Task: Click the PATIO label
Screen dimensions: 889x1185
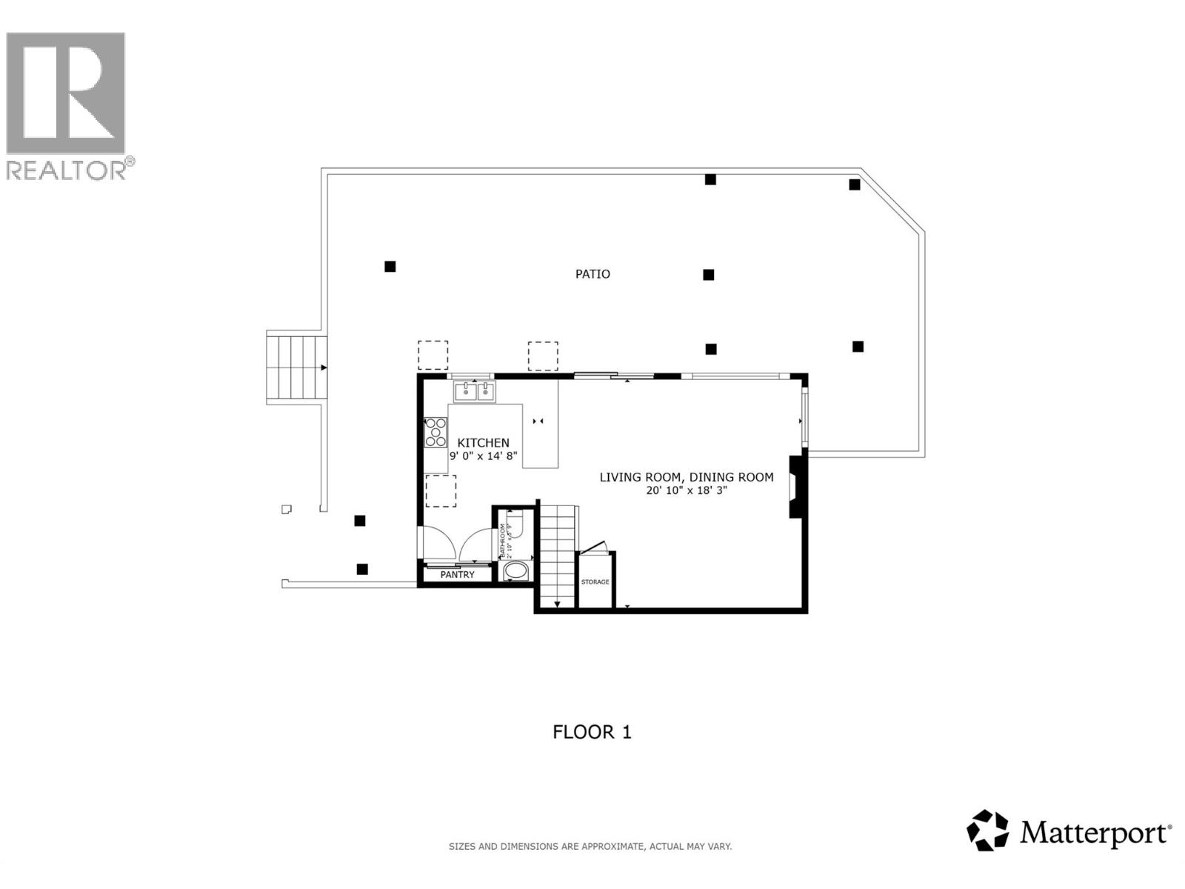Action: point(592,274)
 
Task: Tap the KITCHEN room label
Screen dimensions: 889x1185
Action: point(483,443)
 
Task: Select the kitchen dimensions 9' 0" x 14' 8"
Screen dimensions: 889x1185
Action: point(483,456)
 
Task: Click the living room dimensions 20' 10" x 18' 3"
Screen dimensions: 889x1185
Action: point(686,490)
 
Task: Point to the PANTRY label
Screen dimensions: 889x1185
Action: point(457,575)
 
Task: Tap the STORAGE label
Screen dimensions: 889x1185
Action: point(595,582)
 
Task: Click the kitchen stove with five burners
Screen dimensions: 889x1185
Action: point(435,433)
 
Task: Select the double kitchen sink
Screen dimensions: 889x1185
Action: point(475,390)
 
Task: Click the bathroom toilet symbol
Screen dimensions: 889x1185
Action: point(516,525)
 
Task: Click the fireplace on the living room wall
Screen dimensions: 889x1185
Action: point(795,487)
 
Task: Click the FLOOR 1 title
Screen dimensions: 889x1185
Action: point(592,732)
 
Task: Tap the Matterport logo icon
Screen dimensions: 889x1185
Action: point(988,830)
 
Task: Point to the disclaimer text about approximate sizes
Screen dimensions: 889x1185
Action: point(590,846)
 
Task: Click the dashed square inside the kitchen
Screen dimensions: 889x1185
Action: point(441,491)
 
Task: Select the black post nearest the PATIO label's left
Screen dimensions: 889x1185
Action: point(390,267)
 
